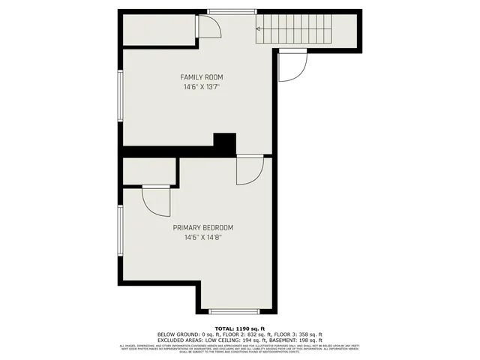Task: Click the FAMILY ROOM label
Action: click(202, 77)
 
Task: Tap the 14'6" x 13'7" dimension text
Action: click(202, 87)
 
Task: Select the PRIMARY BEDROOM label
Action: click(203, 228)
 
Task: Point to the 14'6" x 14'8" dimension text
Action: click(203, 238)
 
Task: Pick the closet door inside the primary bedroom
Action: click(155, 200)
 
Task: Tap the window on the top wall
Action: click(229, 10)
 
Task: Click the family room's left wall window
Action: click(120, 96)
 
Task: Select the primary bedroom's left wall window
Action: click(120, 232)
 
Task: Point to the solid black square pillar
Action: click(225, 142)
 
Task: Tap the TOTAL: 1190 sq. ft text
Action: click(239, 328)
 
